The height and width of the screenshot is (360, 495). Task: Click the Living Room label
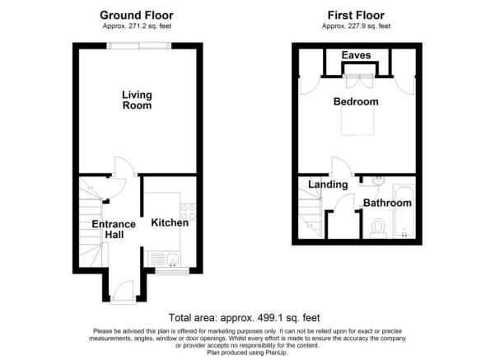[x=137, y=101]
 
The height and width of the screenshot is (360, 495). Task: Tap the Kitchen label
[x=170, y=222]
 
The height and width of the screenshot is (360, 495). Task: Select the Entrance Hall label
[x=114, y=229]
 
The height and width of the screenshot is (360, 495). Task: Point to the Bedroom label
[x=356, y=101]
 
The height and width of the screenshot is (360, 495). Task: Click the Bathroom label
[x=387, y=203]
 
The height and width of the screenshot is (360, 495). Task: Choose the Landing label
[x=328, y=185]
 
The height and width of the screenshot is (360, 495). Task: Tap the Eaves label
[x=356, y=55]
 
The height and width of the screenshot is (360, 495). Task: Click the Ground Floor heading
[x=137, y=15]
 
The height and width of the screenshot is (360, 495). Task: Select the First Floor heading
[x=356, y=15]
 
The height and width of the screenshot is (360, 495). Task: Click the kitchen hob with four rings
[x=188, y=212]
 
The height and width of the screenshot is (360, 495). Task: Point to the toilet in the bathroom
[x=378, y=228]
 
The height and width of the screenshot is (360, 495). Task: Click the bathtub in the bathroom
[x=404, y=211]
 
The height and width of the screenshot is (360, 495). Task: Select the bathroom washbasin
[x=377, y=181]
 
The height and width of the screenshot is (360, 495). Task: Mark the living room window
[x=139, y=46]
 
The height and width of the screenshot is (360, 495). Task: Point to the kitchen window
[x=172, y=271]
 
